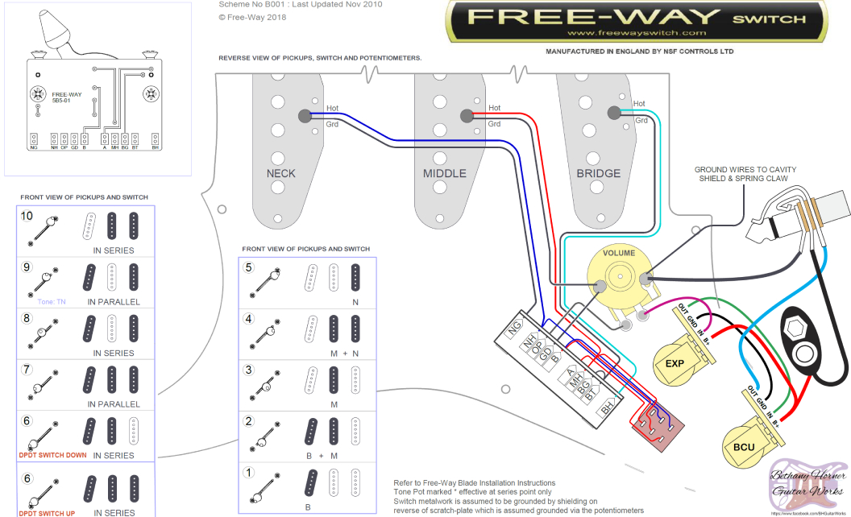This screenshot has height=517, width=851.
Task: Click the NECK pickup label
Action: click(x=280, y=173)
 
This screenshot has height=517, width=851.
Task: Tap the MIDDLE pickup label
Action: click(x=444, y=173)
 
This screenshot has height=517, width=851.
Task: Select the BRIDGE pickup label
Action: click(x=598, y=173)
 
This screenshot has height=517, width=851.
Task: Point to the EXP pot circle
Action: click(x=675, y=364)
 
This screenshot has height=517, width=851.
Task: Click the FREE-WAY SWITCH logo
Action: click(x=637, y=19)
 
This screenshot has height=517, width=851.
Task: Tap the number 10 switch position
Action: click(x=27, y=216)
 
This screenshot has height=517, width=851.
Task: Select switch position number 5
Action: click(x=249, y=267)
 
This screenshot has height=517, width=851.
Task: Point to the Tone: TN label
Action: click(x=51, y=301)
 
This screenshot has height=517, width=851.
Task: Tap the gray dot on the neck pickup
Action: click(x=305, y=117)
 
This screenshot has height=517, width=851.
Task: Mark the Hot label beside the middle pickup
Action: click(x=494, y=108)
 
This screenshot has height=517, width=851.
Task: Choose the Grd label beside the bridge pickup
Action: click(x=641, y=120)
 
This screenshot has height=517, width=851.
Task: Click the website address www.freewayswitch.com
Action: click(x=637, y=33)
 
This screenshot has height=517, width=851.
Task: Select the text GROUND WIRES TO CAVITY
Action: click(x=745, y=169)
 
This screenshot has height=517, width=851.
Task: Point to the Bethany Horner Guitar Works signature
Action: click(x=807, y=482)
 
